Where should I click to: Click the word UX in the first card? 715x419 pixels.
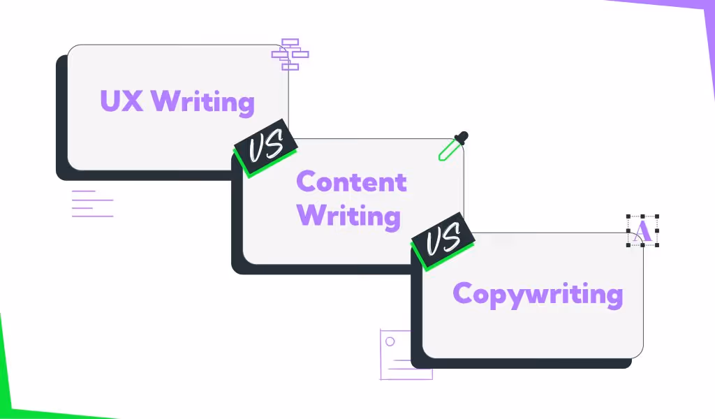121,101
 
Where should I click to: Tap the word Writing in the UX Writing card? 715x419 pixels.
202,102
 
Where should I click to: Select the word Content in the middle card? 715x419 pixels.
351,182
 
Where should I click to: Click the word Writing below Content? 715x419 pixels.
349,216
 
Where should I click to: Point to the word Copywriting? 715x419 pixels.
537,294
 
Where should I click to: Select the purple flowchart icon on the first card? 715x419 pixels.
290,54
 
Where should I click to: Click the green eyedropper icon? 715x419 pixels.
450,147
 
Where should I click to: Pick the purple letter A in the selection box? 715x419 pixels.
643,230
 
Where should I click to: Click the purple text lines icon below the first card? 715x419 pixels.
91,203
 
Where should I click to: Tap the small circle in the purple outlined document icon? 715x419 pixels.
390,341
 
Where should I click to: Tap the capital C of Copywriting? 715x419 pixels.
464,293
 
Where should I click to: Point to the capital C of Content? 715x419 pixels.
307,182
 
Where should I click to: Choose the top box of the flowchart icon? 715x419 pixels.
290,43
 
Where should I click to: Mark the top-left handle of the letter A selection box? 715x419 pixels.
628,217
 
